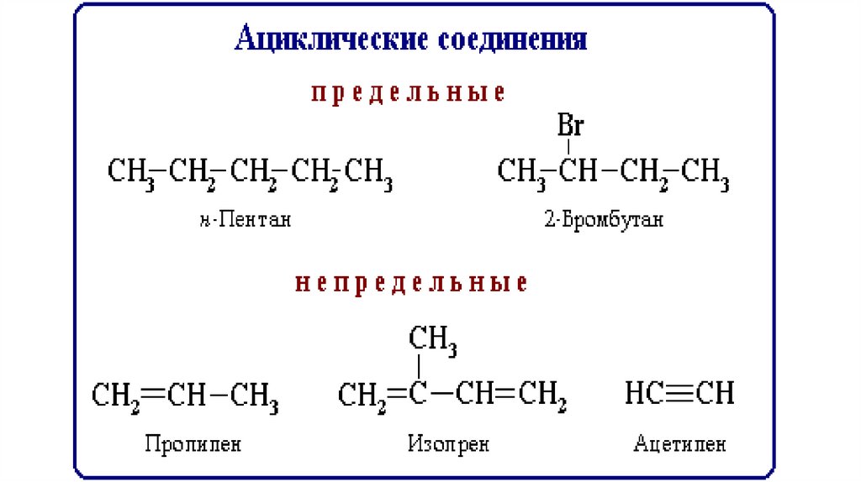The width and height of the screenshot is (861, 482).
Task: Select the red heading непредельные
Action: (x=411, y=284)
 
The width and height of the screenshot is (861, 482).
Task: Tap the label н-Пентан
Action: (x=246, y=221)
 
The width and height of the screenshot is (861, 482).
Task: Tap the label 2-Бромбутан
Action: (x=603, y=221)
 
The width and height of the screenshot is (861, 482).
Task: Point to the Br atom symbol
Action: (x=571, y=127)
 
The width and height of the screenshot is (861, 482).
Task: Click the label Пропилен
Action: (x=193, y=443)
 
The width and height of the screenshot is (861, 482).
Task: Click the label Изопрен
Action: (x=448, y=443)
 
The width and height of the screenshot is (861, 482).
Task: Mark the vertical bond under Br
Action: (x=571, y=148)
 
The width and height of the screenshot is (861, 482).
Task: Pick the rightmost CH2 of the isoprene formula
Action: (x=541, y=395)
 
